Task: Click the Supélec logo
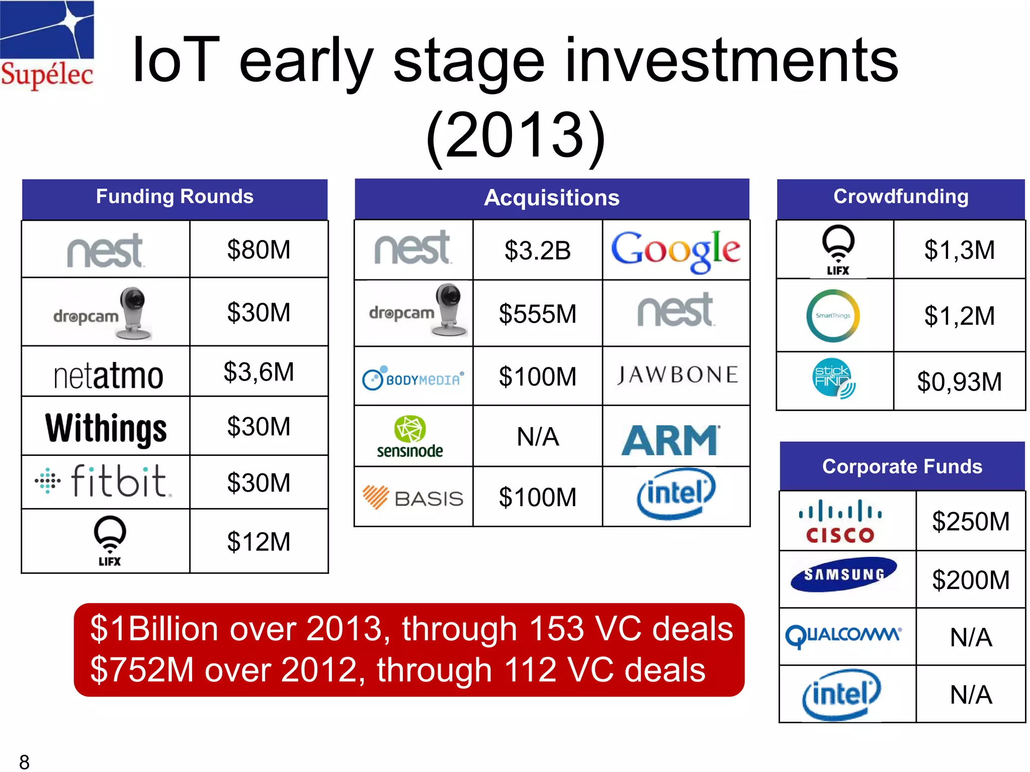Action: (x=47, y=45)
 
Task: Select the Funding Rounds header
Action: (x=175, y=197)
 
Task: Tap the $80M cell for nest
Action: (x=259, y=250)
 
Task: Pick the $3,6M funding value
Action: (x=259, y=372)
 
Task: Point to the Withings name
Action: (x=106, y=428)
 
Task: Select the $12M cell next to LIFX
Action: (x=259, y=542)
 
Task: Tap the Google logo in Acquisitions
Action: (x=675, y=250)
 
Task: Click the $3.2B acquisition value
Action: (x=537, y=250)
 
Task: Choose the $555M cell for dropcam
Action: (x=537, y=314)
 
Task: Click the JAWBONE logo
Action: (x=677, y=375)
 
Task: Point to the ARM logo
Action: (x=671, y=440)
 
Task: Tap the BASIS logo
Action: (x=413, y=498)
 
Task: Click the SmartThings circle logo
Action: (x=833, y=316)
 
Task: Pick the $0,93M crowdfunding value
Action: (x=959, y=381)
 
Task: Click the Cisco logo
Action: (x=840, y=522)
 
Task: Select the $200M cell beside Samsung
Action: (x=970, y=580)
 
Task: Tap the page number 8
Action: (x=24, y=762)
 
